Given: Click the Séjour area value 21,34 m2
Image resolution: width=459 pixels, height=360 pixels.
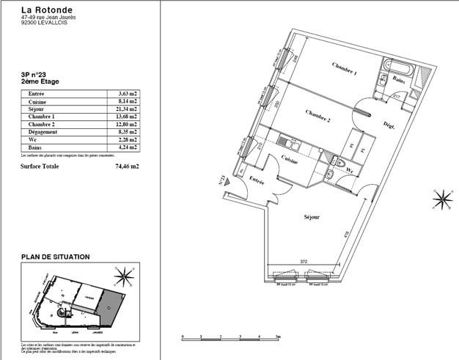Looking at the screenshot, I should pos(128,109).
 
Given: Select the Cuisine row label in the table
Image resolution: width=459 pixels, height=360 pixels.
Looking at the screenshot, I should pos(37,101).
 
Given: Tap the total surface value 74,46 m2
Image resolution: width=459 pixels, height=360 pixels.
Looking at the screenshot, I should pos(128,166).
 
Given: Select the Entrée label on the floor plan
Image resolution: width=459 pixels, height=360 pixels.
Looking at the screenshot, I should pos(255,180).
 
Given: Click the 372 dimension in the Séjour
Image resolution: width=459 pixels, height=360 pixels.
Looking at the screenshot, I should pos(302,262).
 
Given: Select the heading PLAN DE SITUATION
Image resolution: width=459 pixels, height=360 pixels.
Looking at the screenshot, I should pos(56,257).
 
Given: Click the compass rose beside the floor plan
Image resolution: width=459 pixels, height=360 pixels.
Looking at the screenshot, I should pos(442,199).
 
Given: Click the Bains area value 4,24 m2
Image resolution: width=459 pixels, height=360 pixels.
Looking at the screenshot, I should pos(128,147).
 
